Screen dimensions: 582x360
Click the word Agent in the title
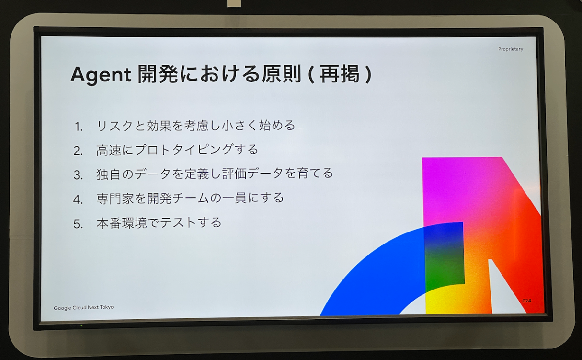101,75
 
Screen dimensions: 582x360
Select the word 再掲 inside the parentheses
340,74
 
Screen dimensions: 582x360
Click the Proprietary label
510,49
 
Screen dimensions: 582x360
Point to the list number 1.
79,127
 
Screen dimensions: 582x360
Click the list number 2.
78,151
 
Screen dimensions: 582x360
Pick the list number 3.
78,175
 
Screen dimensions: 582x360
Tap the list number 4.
78,199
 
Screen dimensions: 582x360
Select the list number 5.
78,224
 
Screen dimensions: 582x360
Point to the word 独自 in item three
109,174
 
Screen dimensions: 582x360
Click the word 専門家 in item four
115,198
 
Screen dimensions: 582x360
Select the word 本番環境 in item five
121,223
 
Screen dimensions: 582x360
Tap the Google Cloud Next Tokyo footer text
84,307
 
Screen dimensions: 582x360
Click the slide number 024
526,301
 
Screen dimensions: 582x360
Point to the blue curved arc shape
369,265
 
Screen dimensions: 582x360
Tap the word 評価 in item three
234,174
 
